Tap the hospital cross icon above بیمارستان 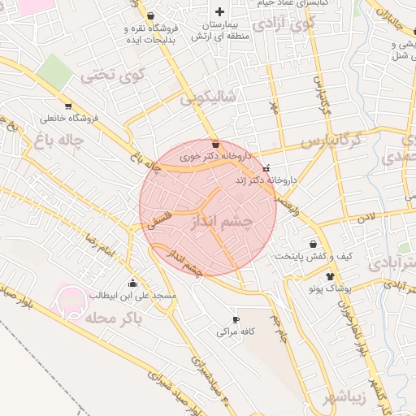pyautogui.click(x=219, y=12)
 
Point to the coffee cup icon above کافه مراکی pyautogui.click(x=236, y=318)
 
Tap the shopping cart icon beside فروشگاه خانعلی pyautogui.click(x=67, y=106)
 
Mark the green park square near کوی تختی pyautogui.click(x=54, y=72)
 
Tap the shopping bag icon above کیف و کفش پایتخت pyautogui.click(x=314, y=243)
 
